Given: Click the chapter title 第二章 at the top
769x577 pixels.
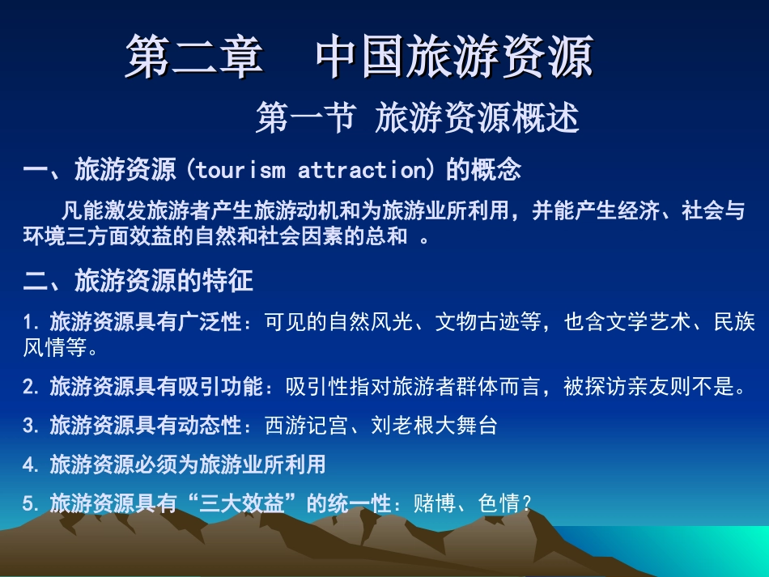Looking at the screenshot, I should (x=193, y=57).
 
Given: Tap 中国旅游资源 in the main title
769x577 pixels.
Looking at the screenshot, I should (x=454, y=57).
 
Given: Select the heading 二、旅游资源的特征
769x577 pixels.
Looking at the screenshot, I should (x=138, y=281).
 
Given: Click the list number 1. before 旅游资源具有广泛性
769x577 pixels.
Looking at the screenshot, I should (x=32, y=323).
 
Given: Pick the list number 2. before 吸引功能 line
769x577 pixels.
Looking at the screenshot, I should (x=32, y=388).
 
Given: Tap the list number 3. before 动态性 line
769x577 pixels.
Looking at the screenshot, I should (x=32, y=426).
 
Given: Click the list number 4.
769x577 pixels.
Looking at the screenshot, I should (x=32, y=465).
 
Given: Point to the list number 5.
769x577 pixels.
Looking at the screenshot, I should (x=32, y=503).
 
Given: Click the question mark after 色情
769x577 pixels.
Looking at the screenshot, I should (x=527, y=504).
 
